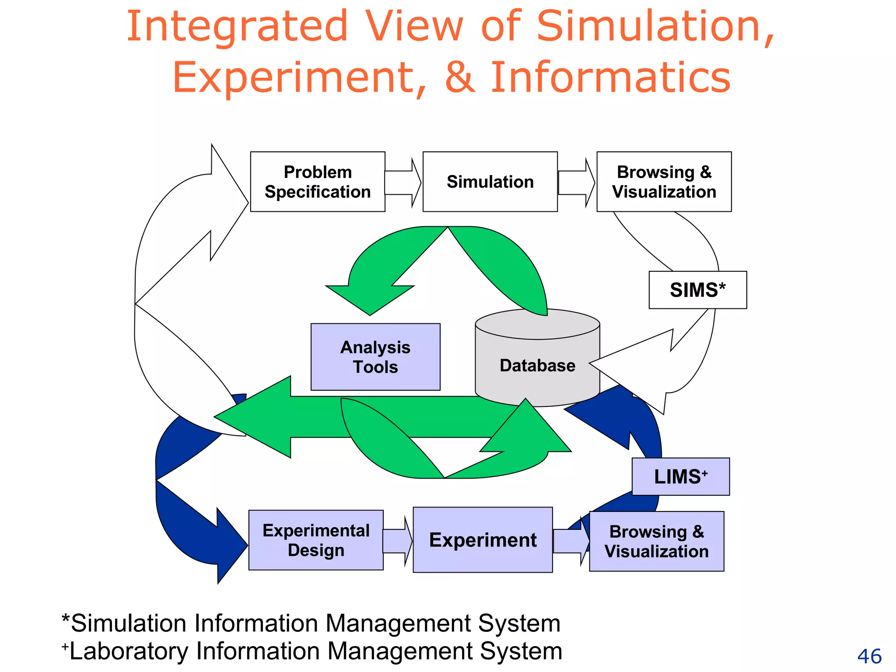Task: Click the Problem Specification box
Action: pos(318,182)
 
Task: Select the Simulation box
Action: pos(490,182)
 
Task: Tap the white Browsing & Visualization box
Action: pos(664,182)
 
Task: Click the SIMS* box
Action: pos(697,290)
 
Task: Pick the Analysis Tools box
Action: pos(375,357)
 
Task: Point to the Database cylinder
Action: pos(537,365)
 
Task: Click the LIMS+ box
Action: pos(680,476)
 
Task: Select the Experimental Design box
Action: pos(316,540)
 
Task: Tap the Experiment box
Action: pos(483,540)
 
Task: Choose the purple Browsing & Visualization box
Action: pos(656,541)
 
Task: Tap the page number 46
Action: pos(869,656)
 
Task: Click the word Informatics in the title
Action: pos(610,77)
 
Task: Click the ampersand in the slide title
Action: pos(460,77)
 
